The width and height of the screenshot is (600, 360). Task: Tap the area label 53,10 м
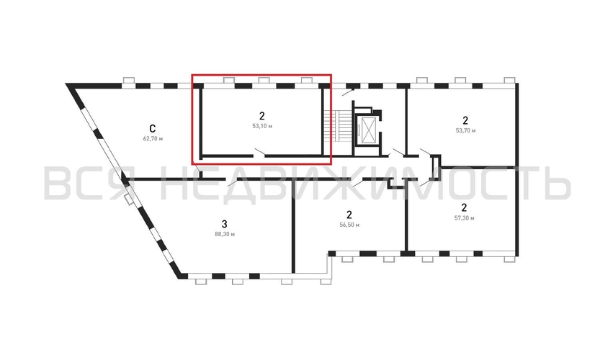262,126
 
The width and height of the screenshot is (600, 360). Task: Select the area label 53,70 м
465,132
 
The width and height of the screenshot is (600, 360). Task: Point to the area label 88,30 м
224,234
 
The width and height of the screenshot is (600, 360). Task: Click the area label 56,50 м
349,225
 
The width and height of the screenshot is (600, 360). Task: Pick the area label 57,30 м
465,217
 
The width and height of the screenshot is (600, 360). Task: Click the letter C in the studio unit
153,124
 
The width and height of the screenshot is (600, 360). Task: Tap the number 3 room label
224,221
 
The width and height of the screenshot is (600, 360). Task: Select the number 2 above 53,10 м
262,115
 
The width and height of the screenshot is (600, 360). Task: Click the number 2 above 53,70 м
465,120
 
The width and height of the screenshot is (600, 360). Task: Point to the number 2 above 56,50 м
349,214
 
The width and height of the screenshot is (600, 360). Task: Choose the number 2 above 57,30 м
465,207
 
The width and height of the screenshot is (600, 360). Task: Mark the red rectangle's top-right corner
331,75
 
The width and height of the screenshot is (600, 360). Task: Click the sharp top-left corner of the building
68,85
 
